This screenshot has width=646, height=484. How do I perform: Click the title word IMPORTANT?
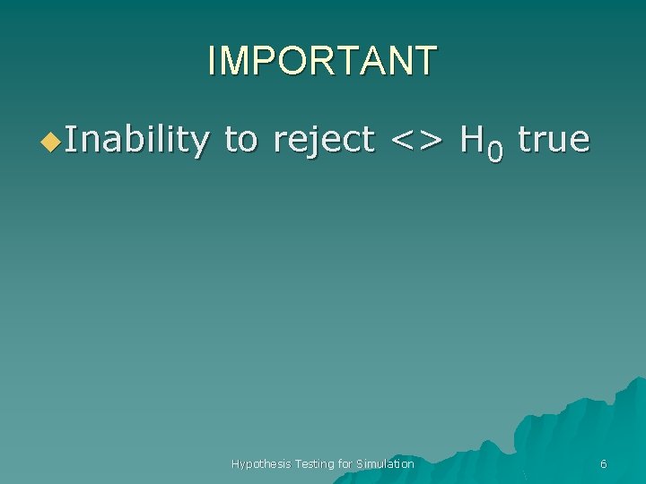pos(322,61)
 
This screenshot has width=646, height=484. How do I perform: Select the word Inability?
pos(136,140)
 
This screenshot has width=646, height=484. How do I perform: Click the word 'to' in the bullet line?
pos(240,140)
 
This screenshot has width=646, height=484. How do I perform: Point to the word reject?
pos(323,140)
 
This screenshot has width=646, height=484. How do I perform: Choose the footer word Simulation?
pos(386,463)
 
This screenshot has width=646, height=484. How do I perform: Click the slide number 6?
pos(603,463)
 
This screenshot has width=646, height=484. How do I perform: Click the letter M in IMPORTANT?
pos(231,61)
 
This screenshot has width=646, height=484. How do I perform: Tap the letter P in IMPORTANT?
pos(262,61)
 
